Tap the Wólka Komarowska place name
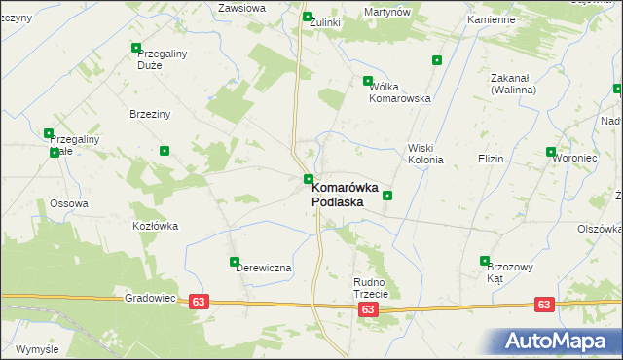point(399,92)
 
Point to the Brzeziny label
point(150,114)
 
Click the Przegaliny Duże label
point(162,60)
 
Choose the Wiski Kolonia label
point(424,154)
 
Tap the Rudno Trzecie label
point(370,287)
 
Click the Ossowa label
point(69,203)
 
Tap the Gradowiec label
point(150,299)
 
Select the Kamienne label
point(491,19)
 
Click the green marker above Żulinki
point(308,17)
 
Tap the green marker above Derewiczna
point(235,261)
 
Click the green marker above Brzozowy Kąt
point(485,260)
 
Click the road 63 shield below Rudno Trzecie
point(367,309)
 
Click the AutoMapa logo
point(556,342)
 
